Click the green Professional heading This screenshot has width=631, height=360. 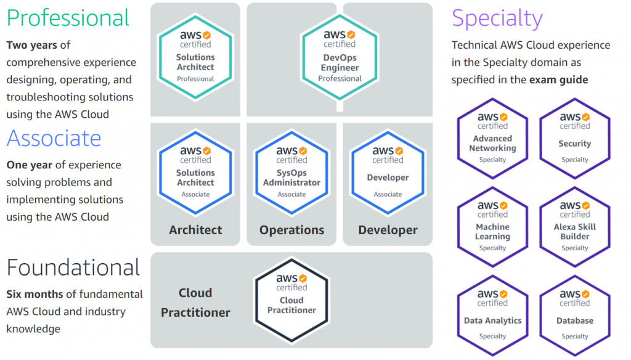pos(68,18)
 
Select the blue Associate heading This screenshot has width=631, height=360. pos(54,138)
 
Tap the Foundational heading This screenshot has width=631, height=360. pos(73,268)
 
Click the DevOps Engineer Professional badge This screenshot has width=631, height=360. pos(340,57)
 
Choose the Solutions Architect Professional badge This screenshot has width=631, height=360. pos(195,57)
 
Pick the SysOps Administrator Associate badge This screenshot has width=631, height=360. pos(291,173)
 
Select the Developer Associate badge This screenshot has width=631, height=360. pos(388,173)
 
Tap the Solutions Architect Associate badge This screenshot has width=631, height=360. pos(195,173)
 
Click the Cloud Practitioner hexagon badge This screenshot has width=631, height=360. pos(291,300)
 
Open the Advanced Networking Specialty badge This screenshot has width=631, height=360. pos(492,139)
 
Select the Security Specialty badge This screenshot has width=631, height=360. pos(575,139)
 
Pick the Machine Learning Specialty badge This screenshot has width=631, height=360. pos(492,227)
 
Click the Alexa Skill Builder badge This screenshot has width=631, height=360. pos(575,227)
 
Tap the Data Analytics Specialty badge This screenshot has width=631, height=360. pos(492,316)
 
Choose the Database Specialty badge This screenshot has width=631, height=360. pos(575,316)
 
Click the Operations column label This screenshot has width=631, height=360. pos(291,230)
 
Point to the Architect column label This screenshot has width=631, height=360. pos(195,230)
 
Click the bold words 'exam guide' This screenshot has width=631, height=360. pos(558,80)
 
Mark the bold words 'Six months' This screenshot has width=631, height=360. pos(35,295)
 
